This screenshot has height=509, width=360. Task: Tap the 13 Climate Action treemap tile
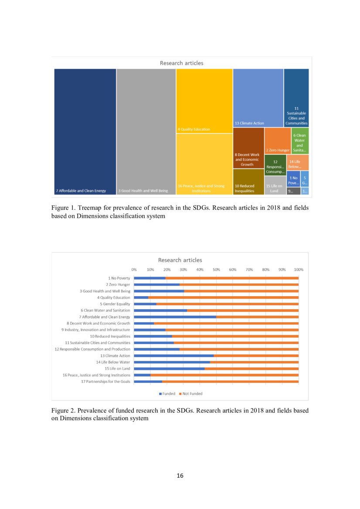[258, 98]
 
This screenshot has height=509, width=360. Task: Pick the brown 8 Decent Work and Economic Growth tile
[248, 148]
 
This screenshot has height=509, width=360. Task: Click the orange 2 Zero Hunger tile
[278, 141]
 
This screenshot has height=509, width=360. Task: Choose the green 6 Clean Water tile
[300, 141]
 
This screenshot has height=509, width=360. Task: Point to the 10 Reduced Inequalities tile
[248, 182]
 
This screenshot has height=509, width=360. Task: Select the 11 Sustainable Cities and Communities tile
[296, 98]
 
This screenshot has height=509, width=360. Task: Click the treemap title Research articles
[181, 63]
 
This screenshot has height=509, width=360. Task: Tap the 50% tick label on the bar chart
[216, 270]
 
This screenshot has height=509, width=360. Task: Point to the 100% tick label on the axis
[299, 270]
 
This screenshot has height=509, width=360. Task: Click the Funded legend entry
[167, 394]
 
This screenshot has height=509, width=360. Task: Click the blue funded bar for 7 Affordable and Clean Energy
[175, 317]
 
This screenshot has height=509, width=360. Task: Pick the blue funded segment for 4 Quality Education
[141, 297]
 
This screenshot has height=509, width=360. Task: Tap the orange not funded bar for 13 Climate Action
[256, 356]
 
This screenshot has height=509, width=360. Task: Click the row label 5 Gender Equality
[115, 304]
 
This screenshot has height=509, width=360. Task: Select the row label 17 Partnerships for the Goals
[105, 381]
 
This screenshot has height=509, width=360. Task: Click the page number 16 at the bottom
[180, 475]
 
